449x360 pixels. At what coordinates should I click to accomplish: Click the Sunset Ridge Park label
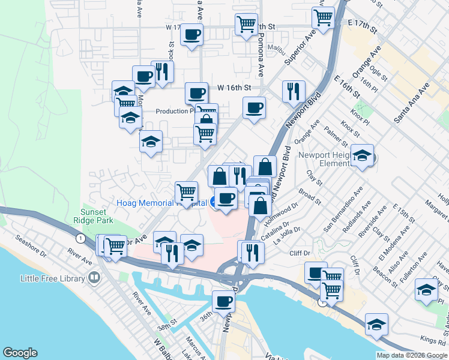[94, 217]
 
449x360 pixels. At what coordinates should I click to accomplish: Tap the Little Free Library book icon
[94, 278]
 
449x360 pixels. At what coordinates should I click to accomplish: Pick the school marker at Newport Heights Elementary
[362, 156]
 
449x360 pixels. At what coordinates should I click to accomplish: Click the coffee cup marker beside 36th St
[224, 301]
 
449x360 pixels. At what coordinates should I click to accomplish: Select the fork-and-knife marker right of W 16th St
[294, 92]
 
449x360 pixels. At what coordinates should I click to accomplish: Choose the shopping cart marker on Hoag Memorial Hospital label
[186, 193]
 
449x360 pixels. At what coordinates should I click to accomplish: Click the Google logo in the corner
[20, 353]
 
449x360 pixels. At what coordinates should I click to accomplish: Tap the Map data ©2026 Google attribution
[412, 355]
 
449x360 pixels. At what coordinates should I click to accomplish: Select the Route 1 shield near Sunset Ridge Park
[79, 238]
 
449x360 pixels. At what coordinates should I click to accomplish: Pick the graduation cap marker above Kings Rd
[376, 325]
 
